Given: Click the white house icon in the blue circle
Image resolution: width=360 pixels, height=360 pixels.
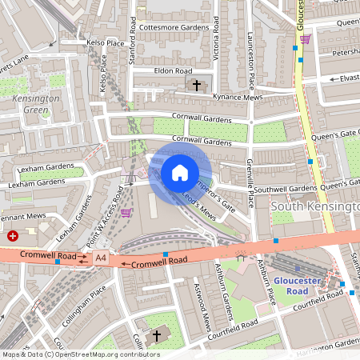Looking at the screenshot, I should point(180,173).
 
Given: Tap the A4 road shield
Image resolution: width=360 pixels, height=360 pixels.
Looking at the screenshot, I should point(101,258).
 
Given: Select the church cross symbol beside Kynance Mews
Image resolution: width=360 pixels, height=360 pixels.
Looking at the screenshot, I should point(197,84).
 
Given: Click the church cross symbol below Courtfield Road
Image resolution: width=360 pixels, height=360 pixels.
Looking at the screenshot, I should point(156,334).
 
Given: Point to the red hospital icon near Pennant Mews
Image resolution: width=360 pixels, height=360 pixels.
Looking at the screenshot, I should point(13,236).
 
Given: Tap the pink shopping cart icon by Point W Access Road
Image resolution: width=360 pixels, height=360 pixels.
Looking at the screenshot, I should point(126,212).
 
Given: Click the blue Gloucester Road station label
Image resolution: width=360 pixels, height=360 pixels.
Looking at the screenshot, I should point(297,286).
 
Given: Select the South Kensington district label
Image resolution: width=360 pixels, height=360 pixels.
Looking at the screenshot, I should point(315,206).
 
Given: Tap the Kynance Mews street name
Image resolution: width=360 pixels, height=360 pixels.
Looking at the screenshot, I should point(238,96).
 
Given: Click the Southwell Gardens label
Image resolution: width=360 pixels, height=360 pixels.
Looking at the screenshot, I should point(286,189).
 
